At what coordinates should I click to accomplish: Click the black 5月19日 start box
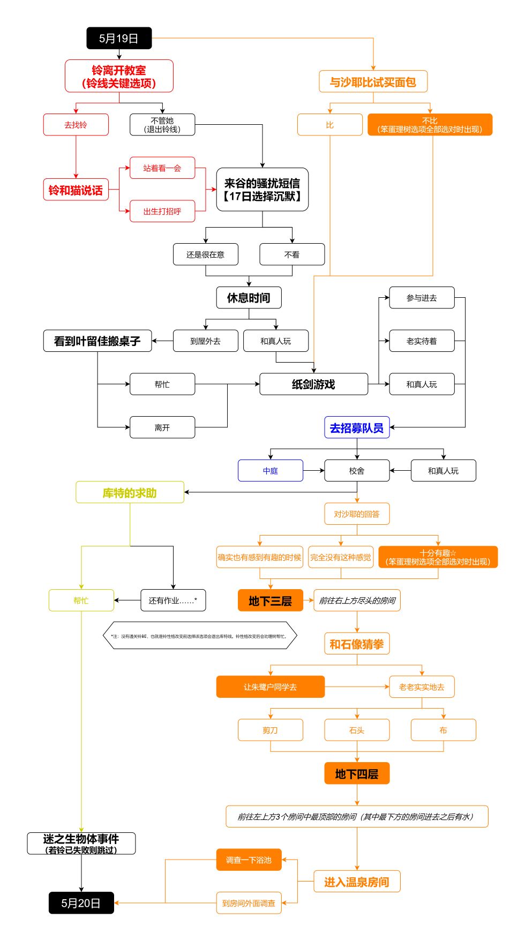119,38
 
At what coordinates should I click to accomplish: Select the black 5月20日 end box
81,903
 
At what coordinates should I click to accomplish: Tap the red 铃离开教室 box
119,76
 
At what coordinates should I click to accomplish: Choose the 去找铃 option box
76,125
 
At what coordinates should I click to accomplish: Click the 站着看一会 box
162,168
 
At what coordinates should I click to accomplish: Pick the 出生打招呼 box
162,212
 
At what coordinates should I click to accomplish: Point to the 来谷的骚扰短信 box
262,190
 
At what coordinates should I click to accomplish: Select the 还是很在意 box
205,254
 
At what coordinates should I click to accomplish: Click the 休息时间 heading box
249,298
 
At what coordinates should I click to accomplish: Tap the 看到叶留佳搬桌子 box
97,341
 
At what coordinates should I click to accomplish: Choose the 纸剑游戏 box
313,384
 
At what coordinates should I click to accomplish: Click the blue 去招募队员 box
357,427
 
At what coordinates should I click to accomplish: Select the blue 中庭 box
270,471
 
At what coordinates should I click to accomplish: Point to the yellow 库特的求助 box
130,493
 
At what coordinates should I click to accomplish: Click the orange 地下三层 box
270,600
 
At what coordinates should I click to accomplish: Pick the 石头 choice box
357,730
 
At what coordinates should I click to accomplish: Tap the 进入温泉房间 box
357,882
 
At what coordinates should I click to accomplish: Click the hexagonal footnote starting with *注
199,636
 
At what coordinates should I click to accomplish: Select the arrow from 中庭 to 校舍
314,471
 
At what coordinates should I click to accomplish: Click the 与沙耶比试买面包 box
373,81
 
